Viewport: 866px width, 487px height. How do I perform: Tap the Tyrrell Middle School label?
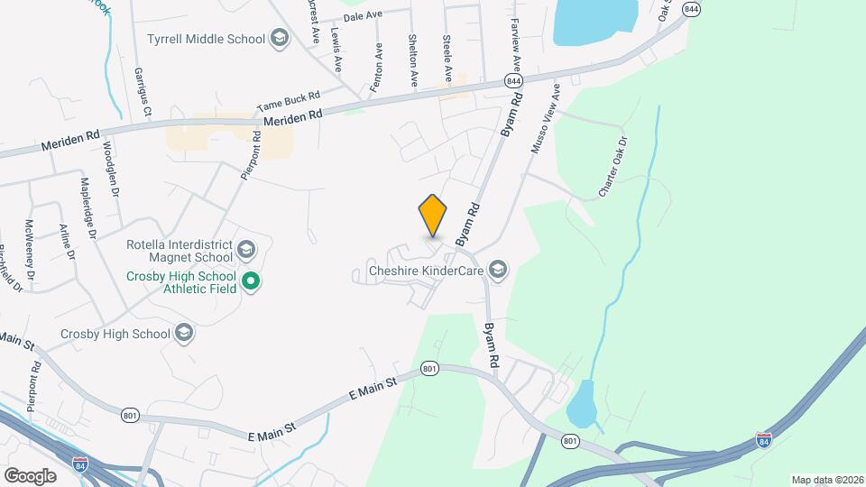206,39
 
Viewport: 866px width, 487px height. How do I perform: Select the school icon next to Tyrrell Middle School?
280,39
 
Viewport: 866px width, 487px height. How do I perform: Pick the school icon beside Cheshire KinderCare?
497,269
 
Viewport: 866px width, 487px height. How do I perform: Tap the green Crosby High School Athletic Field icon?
253,282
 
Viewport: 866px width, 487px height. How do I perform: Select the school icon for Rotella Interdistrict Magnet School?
246,247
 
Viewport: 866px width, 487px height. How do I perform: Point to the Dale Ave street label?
364,16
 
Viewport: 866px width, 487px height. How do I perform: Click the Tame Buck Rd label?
289,100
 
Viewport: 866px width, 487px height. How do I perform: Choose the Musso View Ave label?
546,119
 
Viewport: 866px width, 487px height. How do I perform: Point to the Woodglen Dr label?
111,169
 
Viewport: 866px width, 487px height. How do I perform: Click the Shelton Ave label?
412,61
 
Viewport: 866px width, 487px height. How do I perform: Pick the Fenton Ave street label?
377,66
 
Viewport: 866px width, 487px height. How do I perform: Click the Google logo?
30,475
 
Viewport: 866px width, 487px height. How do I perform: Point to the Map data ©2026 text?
825,480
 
